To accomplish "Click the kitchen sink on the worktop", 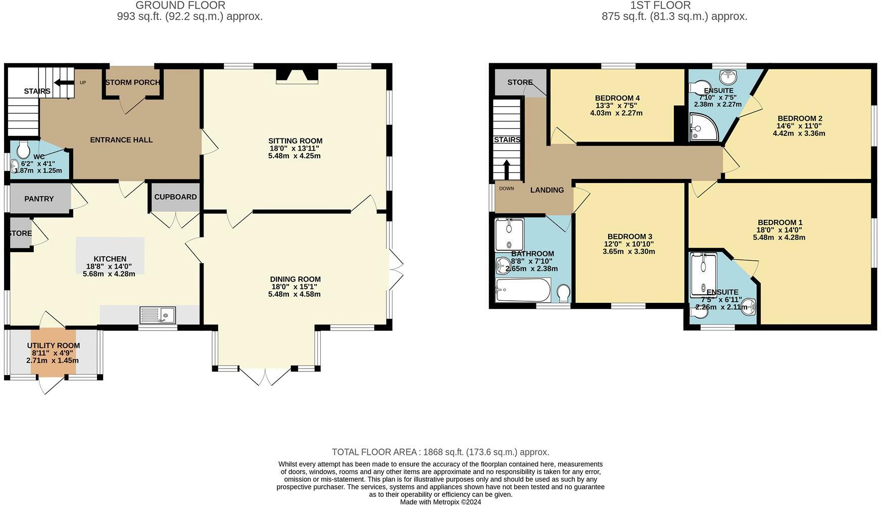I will pos(157,315).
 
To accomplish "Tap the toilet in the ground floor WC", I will pos(23,149).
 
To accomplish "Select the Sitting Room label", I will pos(295,141).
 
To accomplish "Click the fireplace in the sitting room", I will pos(297,75).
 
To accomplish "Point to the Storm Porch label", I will pos(132,82).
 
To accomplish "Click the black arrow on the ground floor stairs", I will pos(64,82).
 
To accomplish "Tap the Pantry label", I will pos(39,199).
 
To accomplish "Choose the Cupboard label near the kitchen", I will pos(175,197).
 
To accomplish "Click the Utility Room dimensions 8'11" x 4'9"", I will pos(53,353).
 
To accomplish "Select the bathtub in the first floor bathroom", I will pos(523,290).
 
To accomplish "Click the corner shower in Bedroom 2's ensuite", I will pos(703,127).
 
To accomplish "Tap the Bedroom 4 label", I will pos(617,98).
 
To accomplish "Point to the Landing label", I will pos(547,190).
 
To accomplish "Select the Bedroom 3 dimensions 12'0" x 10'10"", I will pos(629,244).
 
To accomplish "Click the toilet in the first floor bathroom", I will pos(563,293).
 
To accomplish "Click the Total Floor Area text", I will pos(440,452).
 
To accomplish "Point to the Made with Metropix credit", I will pos(440,502).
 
